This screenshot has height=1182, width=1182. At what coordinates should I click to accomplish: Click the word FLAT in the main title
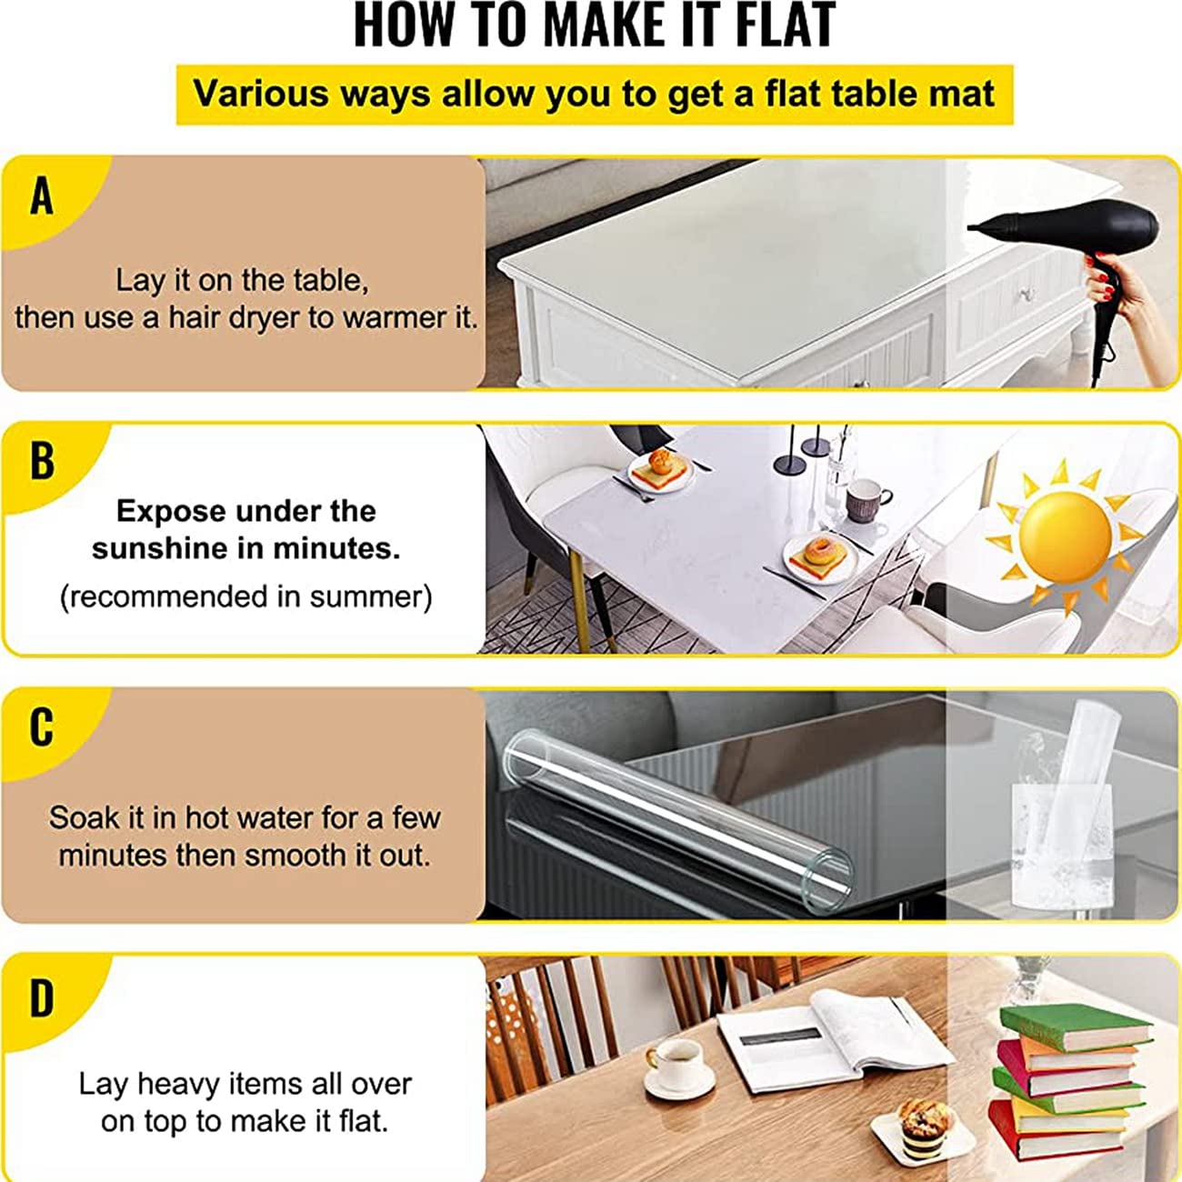pyautogui.click(x=785, y=25)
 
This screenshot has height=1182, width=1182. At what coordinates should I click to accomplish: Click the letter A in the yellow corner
pyautogui.click(x=42, y=196)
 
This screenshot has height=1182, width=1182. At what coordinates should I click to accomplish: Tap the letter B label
pyautogui.click(x=42, y=461)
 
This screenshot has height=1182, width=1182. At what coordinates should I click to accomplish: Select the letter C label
pyautogui.click(x=42, y=727)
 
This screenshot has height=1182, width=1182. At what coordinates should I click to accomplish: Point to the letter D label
pyautogui.click(x=42, y=998)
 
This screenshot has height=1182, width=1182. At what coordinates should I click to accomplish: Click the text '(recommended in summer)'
pyautogui.click(x=245, y=596)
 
